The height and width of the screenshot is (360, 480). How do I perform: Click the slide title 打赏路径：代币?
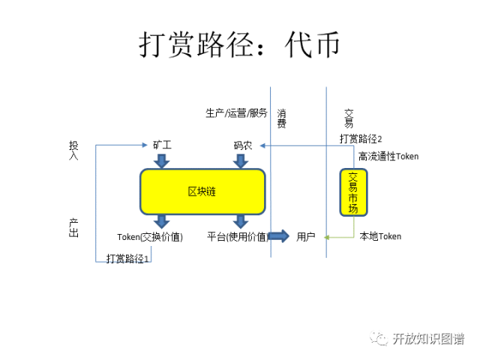(239, 44)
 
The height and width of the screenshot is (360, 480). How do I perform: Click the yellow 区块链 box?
(202, 191)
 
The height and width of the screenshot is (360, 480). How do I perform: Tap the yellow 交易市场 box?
(353, 191)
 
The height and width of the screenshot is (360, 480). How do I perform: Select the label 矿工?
(162, 145)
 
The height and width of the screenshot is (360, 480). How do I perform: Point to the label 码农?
(242, 145)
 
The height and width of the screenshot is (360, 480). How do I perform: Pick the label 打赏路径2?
(360, 139)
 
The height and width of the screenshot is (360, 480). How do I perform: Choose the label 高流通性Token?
(388, 156)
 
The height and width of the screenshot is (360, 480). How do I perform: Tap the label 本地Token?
(380, 236)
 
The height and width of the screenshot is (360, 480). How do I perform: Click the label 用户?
(305, 236)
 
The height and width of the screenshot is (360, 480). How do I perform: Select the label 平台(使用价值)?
(238, 237)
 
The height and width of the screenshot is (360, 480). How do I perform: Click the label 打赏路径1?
(128, 259)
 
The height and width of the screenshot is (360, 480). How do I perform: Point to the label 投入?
(73, 148)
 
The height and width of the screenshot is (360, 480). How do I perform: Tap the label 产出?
(73, 227)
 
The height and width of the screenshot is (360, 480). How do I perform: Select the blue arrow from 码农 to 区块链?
(241, 160)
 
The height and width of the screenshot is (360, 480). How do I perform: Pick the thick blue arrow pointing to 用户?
(278, 236)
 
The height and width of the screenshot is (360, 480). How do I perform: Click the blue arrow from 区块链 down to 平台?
(240, 221)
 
